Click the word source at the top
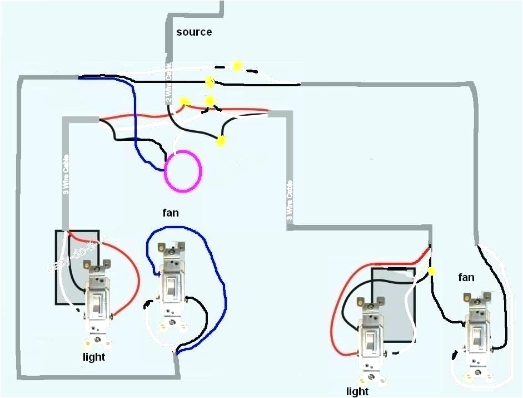(194, 32)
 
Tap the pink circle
(183, 171)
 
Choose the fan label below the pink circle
(171, 213)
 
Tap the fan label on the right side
(466, 277)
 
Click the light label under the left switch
(94, 357)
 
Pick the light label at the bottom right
(357, 392)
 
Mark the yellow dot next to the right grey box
(431, 271)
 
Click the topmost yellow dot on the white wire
(237, 66)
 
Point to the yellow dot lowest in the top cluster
(221, 141)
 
